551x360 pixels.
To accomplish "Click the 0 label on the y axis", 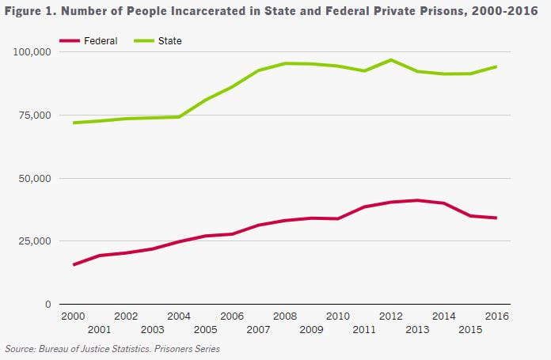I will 47,305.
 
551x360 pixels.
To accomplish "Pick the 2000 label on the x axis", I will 73,316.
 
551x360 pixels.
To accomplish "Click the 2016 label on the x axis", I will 496,316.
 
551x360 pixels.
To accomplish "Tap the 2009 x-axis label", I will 311,329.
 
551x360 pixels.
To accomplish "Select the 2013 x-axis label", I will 417,329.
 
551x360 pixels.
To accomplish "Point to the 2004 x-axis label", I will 179,316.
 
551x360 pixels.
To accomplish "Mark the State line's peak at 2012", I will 390,60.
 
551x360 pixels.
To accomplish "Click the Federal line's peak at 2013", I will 417,200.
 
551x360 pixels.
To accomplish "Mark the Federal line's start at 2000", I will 74,264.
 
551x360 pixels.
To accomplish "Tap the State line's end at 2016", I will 496,66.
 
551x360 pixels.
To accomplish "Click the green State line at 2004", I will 179,117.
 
